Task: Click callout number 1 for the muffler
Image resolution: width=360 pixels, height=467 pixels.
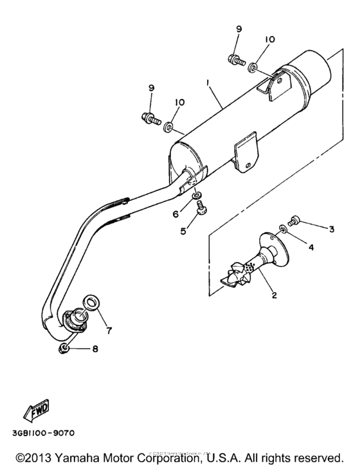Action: click(x=207, y=84)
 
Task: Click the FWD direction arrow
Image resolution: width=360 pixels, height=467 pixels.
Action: click(x=37, y=409)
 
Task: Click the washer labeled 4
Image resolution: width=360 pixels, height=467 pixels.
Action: click(x=283, y=228)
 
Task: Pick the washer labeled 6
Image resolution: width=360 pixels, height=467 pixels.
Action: click(x=195, y=195)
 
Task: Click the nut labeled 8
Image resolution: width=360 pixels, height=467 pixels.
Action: click(x=65, y=349)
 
